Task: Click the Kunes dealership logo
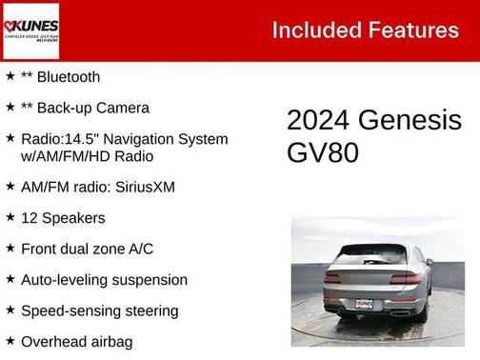click(x=30, y=31)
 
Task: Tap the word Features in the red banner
click(x=414, y=30)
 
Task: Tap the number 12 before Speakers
click(x=30, y=218)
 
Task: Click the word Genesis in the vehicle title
click(x=410, y=120)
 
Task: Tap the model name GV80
click(x=323, y=152)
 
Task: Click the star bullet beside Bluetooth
click(x=10, y=76)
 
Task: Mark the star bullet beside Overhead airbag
click(x=10, y=340)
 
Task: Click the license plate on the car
click(x=365, y=304)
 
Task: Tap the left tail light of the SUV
click(x=332, y=278)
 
